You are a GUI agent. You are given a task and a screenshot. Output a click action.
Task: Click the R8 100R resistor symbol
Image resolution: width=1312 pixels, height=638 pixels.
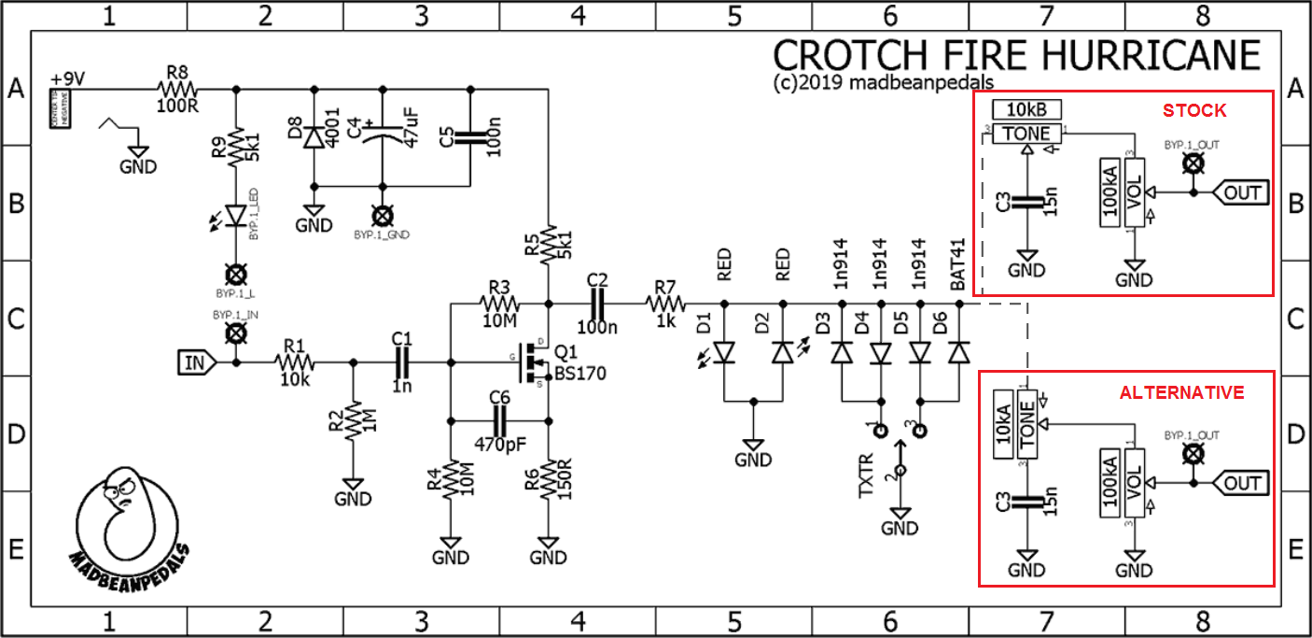pos(177,89)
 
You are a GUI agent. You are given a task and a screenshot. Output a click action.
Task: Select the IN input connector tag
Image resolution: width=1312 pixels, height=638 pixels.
pos(195,362)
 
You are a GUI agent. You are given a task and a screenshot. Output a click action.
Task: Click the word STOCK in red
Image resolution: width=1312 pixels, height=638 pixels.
pos(1194,110)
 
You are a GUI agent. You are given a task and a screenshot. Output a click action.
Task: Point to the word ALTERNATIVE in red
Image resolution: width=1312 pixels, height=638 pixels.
pos(1182,392)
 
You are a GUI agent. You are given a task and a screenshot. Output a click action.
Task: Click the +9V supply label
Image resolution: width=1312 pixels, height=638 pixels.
pos(68,78)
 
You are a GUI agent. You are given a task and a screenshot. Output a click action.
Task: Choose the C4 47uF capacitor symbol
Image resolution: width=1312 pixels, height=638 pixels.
pos(382,137)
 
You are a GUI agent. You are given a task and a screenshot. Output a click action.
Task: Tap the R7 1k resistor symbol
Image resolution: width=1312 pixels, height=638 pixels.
pos(666,303)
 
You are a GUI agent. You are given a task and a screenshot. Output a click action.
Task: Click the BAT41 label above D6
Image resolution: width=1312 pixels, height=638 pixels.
pos(957,268)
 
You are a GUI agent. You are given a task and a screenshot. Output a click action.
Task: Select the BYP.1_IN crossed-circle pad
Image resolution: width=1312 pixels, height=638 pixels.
pos(237,333)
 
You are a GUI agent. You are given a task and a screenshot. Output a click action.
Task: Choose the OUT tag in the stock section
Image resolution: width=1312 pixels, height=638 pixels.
pos(1240,193)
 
